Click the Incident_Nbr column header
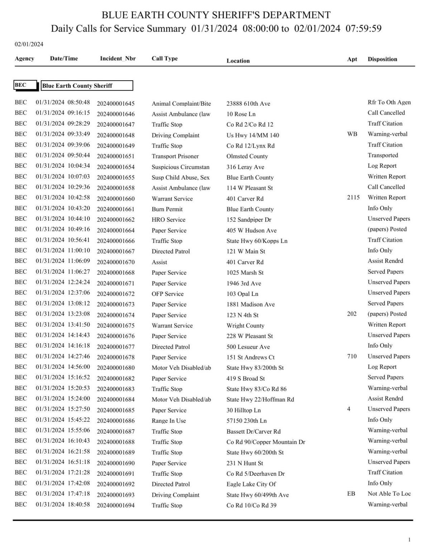click(x=118, y=59)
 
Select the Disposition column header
click(x=382, y=59)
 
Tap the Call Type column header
click(x=164, y=59)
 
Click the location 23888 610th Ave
click(x=248, y=104)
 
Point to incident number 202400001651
click(x=115, y=157)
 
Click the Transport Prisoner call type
click(x=175, y=157)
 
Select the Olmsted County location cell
click(x=247, y=157)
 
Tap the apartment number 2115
click(x=353, y=197)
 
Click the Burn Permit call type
click(x=167, y=209)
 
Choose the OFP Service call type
click(x=167, y=294)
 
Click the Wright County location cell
click(x=245, y=326)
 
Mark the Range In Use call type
click(x=168, y=421)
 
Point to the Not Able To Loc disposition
click(x=389, y=494)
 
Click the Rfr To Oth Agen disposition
click(x=389, y=103)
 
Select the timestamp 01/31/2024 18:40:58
click(x=63, y=505)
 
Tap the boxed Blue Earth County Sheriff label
click(x=87, y=86)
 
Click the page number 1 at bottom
click(x=409, y=540)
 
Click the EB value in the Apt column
click(x=351, y=494)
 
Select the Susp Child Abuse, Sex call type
click(x=180, y=178)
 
